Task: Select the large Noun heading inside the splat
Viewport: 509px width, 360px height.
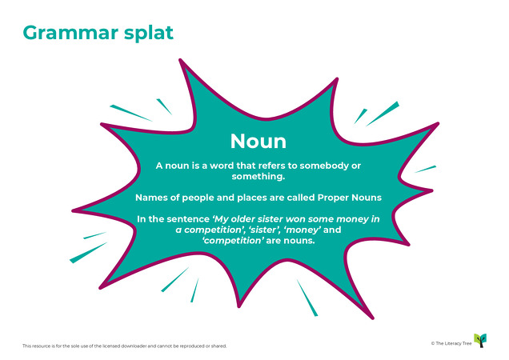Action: tap(258, 141)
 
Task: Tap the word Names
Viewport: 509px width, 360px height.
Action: tap(152, 197)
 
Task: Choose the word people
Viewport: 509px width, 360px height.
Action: tap(202, 197)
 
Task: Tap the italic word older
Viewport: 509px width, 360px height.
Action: tap(263, 218)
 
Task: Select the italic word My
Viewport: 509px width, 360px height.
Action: tap(235, 218)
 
